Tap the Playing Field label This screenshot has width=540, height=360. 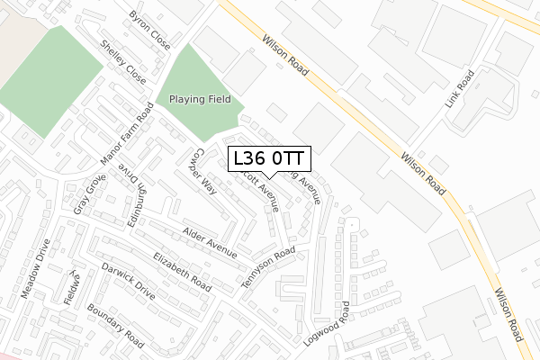tap(194, 99)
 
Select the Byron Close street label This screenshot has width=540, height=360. tap(149, 30)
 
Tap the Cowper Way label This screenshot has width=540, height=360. tap(203, 171)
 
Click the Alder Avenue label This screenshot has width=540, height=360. tap(210, 241)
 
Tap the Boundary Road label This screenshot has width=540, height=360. tap(115, 326)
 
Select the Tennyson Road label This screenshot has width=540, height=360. tap(268, 268)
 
